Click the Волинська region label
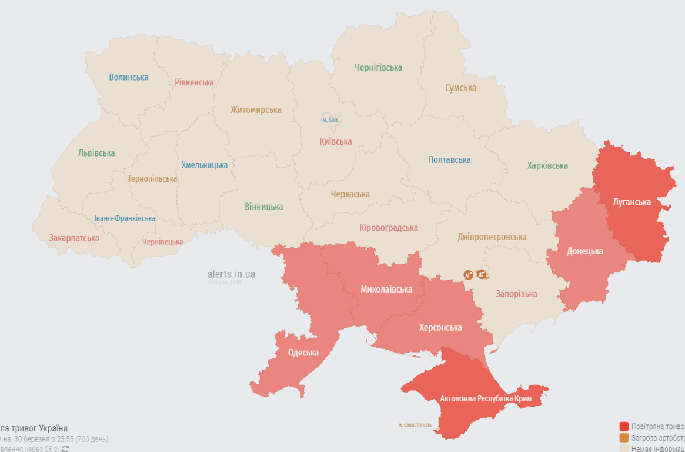(x=129, y=77)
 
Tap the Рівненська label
(x=194, y=82)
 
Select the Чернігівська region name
(x=378, y=68)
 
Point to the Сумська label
(x=460, y=88)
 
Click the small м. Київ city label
(x=330, y=120)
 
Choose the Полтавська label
(x=449, y=160)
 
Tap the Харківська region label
(x=547, y=165)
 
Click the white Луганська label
(x=632, y=202)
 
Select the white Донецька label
(x=584, y=251)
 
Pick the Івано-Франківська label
(x=125, y=218)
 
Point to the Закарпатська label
(x=74, y=238)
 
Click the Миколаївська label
(x=386, y=289)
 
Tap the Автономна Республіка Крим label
(x=486, y=398)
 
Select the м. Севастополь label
(x=415, y=424)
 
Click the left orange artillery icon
(x=469, y=274)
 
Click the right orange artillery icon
(x=482, y=274)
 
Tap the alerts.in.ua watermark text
(x=231, y=274)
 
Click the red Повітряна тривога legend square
(x=624, y=426)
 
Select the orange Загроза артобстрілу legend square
(x=624, y=438)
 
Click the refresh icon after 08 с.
(x=65, y=448)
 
